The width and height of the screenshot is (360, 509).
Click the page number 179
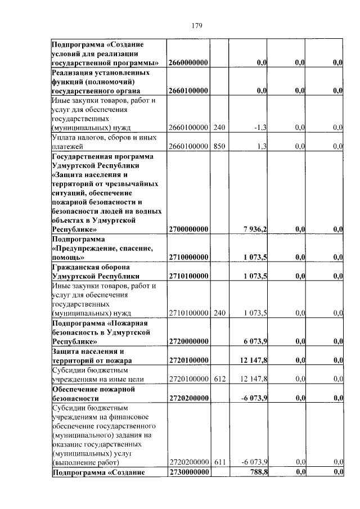[x=196, y=26]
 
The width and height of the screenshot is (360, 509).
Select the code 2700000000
[x=188, y=229]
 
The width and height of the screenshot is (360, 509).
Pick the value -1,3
[x=260, y=128]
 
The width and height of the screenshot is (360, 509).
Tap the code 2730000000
[x=188, y=472]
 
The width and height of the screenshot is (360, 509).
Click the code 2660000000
[x=188, y=62]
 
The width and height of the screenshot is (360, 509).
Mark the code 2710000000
[x=188, y=257]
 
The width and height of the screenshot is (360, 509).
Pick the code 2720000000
[x=188, y=341]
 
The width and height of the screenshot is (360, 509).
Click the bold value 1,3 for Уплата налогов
[x=262, y=146]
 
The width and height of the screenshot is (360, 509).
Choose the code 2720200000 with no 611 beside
[x=188, y=398]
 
